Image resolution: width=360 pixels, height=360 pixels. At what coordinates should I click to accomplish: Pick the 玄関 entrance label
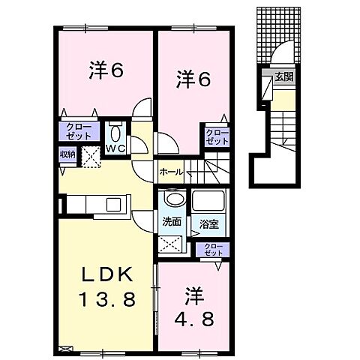[x=283, y=76]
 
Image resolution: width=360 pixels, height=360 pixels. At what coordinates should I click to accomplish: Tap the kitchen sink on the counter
[x=115, y=204]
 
